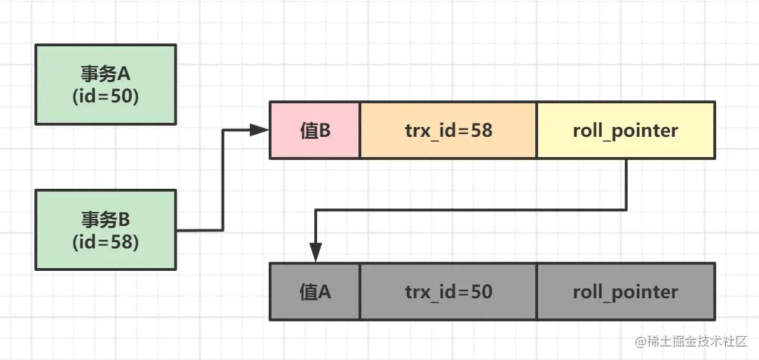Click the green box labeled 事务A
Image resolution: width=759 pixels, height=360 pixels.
coord(105,84)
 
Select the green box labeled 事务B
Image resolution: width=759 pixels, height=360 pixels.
coord(105,229)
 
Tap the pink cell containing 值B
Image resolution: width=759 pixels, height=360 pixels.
coord(315,131)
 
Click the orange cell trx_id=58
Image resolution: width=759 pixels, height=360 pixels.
coord(448,131)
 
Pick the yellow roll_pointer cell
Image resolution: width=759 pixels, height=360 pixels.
coord(625,131)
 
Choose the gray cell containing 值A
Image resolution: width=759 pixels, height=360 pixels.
coord(315,292)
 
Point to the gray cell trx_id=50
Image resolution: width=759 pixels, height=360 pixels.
coord(448,292)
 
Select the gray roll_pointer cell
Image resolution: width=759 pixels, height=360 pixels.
coord(625,292)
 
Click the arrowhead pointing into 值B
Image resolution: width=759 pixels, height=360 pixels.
coord(261,130)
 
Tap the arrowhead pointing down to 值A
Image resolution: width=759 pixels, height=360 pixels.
coord(316,253)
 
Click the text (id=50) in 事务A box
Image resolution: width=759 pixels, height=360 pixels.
coord(105,97)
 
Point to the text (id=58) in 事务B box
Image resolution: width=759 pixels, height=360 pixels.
coord(105,242)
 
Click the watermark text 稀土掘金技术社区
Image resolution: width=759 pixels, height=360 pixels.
coord(697,342)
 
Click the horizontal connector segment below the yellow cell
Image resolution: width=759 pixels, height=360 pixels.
coord(470,209)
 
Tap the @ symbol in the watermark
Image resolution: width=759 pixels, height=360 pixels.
coord(640,342)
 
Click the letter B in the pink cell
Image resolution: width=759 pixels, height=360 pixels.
coord(325,131)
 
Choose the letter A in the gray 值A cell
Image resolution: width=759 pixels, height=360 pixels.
coord(325,292)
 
